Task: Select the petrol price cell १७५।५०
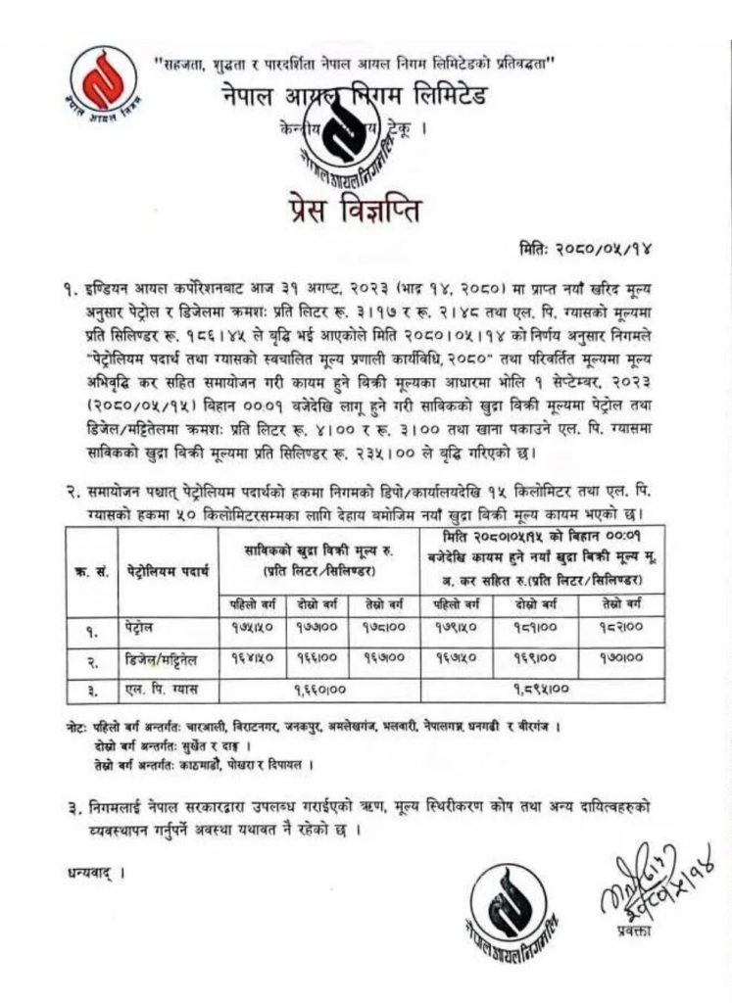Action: coord(250,625)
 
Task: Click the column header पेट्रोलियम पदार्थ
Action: coord(166,568)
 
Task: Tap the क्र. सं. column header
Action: coord(86,568)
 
